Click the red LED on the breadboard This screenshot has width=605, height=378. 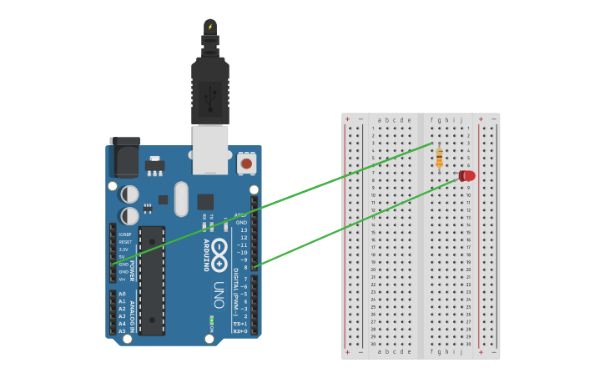[467, 176]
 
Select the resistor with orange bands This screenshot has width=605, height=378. [439, 156]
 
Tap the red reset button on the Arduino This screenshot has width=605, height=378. [246, 164]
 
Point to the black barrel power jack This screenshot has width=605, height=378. [124, 157]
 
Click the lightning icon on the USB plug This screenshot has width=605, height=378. [210, 27]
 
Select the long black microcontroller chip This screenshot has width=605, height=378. [151, 280]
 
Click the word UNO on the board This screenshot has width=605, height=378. [218, 295]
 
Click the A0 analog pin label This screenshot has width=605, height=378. [122, 295]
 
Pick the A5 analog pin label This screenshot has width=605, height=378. [122, 331]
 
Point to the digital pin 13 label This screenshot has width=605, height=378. [243, 230]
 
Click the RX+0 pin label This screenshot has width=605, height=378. [239, 331]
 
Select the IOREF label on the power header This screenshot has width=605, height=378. [124, 234]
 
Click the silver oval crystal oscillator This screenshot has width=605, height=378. [181, 199]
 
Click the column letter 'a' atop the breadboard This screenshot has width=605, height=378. [379, 120]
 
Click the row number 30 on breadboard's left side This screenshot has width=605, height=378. [373, 343]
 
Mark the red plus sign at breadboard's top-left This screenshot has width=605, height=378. [348, 119]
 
